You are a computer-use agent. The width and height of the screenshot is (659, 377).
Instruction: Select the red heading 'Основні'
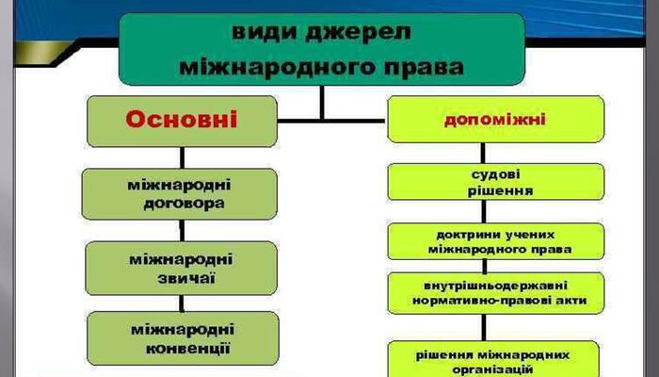181,120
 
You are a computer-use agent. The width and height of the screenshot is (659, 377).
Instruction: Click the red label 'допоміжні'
482,120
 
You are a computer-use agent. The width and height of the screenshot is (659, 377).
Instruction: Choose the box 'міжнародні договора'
180,193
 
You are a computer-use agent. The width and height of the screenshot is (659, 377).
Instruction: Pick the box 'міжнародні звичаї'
180,267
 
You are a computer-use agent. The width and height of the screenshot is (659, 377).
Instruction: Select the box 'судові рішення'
482,181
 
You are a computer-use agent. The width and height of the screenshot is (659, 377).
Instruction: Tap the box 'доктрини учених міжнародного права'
482,241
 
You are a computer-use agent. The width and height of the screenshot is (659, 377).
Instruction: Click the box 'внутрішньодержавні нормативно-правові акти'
482,292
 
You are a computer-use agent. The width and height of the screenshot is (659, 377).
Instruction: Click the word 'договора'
180,203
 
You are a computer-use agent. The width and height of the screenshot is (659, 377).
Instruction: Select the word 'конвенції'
182,349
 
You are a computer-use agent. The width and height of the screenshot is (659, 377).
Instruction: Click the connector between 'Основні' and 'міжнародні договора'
181,157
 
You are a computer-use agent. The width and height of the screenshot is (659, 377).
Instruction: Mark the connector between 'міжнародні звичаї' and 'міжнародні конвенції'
181,303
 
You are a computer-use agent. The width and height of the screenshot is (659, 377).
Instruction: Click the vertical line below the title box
321,102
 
